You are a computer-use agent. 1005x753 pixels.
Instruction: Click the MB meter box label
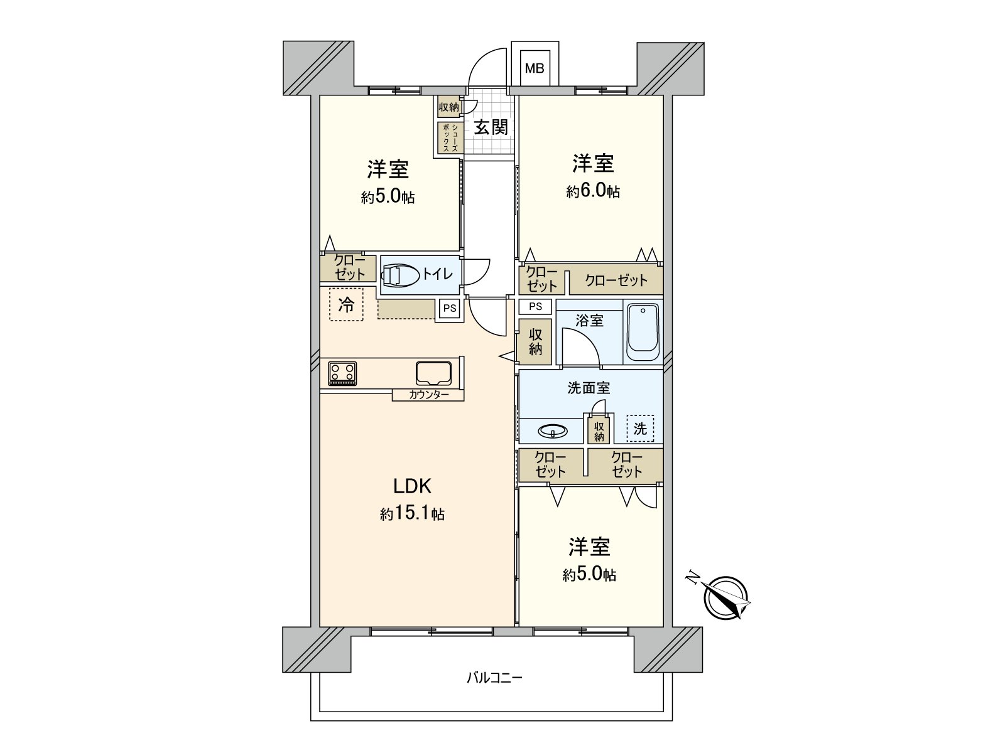coord(535,68)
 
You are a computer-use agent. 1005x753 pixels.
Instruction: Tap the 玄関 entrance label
coord(491,127)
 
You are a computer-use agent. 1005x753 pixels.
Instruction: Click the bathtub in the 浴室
coord(643,333)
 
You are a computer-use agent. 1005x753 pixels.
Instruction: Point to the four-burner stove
coord(342,373)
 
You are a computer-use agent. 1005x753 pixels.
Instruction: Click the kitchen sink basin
coord(433,373)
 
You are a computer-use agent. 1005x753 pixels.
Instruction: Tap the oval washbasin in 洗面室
coord(553,430)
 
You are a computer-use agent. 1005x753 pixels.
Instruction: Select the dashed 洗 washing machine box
coord(640,429)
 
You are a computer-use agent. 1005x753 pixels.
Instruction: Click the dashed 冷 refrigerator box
coord(346,304)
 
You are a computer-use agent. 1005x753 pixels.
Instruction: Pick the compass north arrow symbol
coord(725,597)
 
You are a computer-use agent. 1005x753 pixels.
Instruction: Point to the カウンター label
coord(428,395)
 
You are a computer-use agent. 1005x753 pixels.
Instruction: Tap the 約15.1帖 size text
coord(412,515)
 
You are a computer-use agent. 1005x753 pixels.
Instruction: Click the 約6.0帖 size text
coord(593,191)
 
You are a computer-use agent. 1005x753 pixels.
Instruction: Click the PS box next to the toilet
coord(450,309)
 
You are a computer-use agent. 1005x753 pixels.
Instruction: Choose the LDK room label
coord(412,486)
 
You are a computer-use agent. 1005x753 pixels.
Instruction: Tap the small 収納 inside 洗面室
coord(599,431)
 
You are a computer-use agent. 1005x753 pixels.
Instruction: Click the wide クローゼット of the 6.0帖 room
coord(616,280)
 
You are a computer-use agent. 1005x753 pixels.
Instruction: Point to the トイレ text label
coord(437,274)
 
